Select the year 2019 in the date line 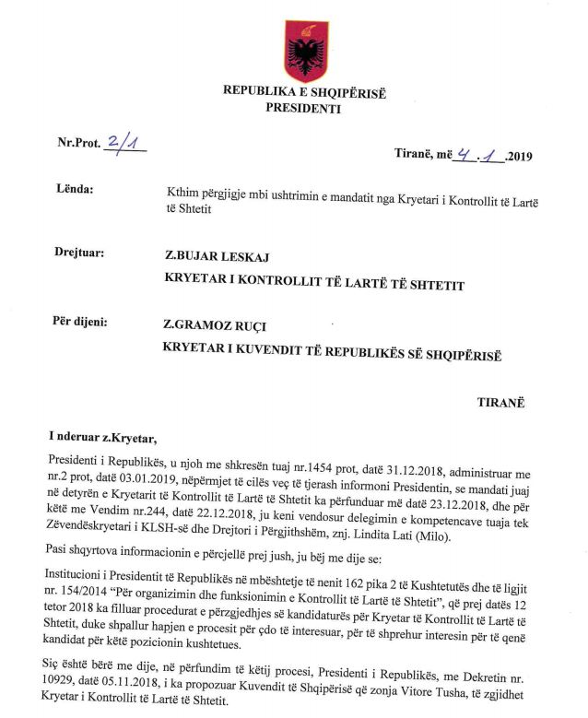coord(527,155)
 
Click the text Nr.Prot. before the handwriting coord(78,144)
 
